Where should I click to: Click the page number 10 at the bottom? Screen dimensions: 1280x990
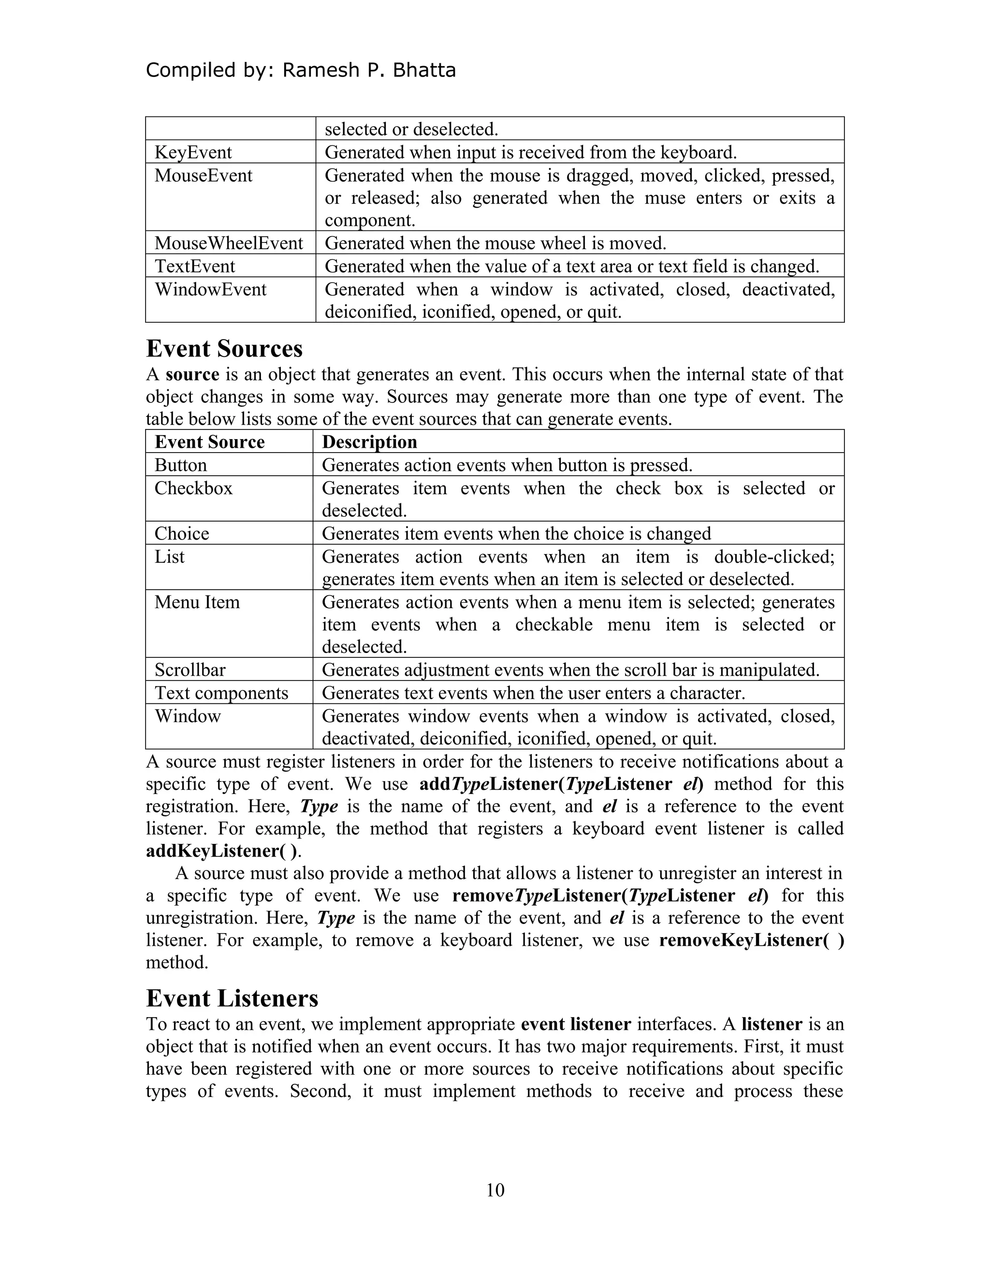[x=495, y=1190]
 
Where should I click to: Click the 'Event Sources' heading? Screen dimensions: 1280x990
[x=224, y=349]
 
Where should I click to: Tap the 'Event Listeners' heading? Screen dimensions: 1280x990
[x=232, y=998]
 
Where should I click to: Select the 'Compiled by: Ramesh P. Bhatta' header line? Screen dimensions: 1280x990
[x=300, y=71]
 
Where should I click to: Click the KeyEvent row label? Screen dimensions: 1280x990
[x=193, y=152]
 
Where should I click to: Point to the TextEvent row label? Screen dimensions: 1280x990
[x=195, y=267]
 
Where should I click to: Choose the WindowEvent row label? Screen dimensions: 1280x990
[x=211, y=289]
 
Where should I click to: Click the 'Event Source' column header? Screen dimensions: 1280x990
[x=209, y=442]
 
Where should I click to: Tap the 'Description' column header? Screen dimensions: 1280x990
[x=369, y=442]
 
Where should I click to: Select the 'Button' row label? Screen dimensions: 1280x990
[x=181, y=465]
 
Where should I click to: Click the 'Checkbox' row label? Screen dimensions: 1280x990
[x=193, y=488]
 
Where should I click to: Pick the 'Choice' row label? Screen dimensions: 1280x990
[x=182, y=534]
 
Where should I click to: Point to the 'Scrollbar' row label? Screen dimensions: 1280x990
[x=190, y=670]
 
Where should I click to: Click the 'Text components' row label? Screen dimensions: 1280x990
[x=221, y=693]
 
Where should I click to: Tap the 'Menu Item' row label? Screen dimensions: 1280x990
[x=197, y=602]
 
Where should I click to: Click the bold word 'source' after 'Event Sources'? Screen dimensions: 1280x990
[x=192, y=374]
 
